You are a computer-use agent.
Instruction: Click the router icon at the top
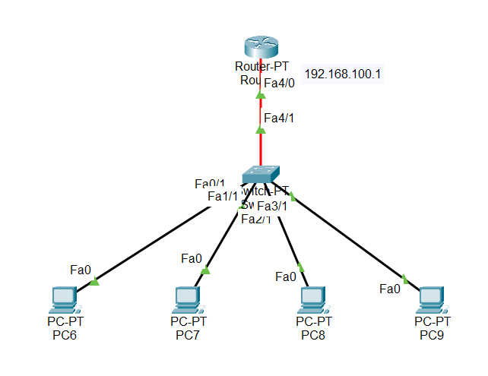pyautogui.click(x=260, y=47)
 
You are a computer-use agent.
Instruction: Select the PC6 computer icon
pyautogui.click(x=62, y=300)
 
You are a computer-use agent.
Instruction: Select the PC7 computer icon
pyautogui.click(x=186, y=300)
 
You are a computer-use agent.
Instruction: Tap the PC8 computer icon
pyautogui.click(x=312, y=300)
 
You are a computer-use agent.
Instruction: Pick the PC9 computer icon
pyautogui.click(x=431, y=300)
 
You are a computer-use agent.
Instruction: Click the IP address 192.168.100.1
pyautogui.click(x=342, y=74)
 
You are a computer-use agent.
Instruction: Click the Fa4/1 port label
pyautogui.click(x=278, y=118)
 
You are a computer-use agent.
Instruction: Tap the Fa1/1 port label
pyautogui.click(x=223, y=197)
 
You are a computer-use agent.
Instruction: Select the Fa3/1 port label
pyautogui.click(x=271, y=206)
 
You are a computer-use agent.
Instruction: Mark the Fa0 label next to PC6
pyautogui.click(x=81, y=270)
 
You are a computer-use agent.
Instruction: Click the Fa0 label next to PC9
pyautogui.click(x=390, y=289)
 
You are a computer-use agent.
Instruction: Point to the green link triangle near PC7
pyautogui.click(x=205, y=269)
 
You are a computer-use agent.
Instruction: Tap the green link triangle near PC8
pyautogui.click(x=301, y=267)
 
